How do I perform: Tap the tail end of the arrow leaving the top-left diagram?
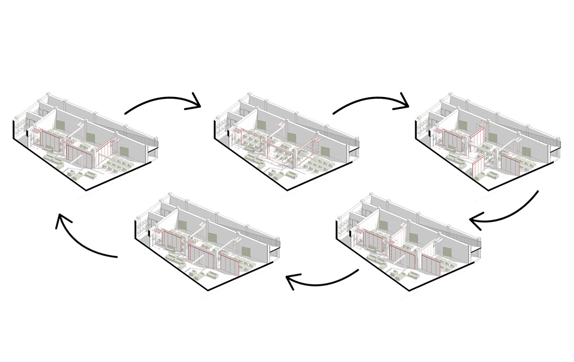pos(125,114)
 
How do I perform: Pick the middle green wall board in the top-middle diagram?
pos(292,138)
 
